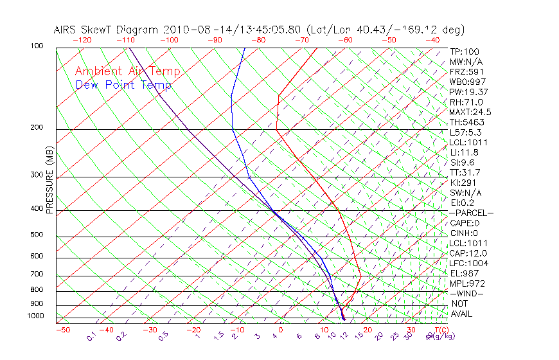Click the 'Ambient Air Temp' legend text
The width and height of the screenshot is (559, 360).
click(x=128, y=71)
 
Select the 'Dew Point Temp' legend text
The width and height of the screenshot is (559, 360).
click(x=123, y=85)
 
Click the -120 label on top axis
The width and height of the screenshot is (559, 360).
click(x=82, y=40)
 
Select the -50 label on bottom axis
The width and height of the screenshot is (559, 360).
click(x=62, y=330)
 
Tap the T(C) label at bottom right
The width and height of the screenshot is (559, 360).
click(x=441, y=330)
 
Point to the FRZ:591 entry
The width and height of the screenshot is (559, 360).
click(x=463, y=72)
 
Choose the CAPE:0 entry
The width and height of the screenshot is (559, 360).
click(x=464, y=223)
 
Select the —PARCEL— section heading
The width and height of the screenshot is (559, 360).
click(x=471, y=213)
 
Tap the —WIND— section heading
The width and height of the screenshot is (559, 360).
click(x=467, y=293)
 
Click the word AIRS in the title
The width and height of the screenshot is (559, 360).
click(x=66, y=30)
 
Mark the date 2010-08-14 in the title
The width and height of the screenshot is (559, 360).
click(x=192, y=30)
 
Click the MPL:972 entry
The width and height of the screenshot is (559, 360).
click(x=466, y=283)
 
